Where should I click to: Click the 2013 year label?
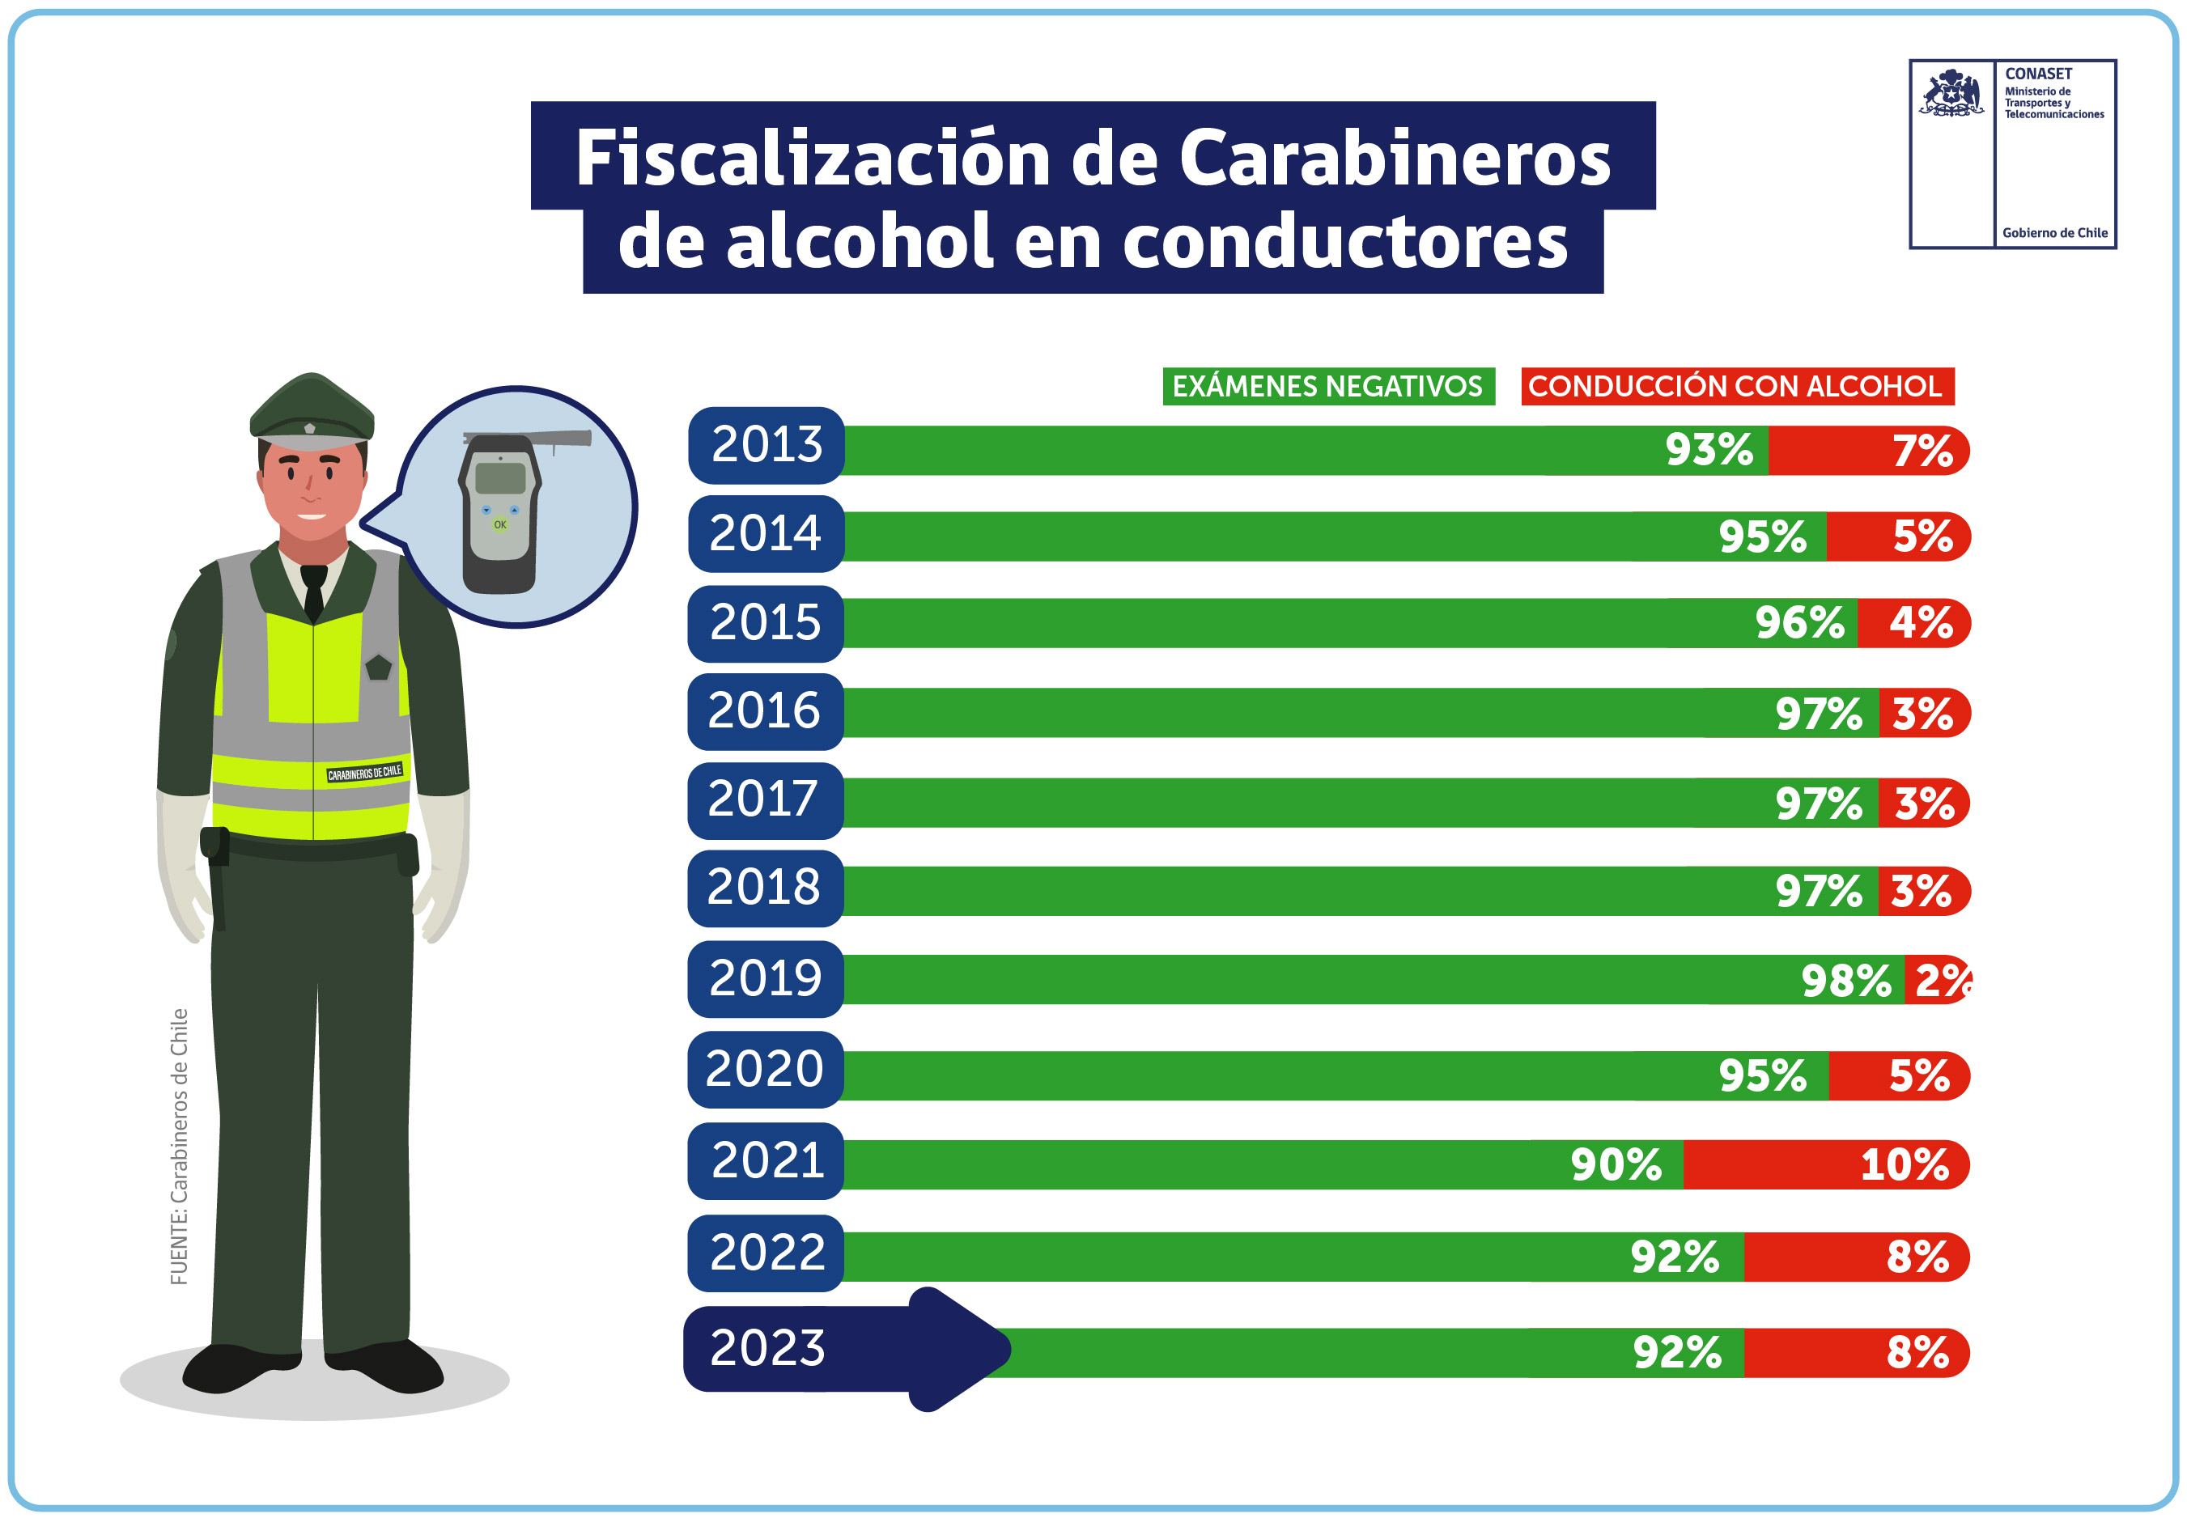(766, 444)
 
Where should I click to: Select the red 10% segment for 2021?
(1824, 1164)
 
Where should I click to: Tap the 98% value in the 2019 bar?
(1845, 980)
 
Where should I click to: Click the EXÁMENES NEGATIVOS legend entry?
(1327, 386)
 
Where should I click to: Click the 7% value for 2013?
(1922, 450)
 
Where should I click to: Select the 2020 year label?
(764, 1068)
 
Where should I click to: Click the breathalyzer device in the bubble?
(500, 514)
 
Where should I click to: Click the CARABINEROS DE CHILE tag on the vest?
(364, 772)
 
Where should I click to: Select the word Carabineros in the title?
(1394, 157)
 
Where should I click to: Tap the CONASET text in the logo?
(2037, 74)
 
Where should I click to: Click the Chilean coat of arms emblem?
(1951, 93)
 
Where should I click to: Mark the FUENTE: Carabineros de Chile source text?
(179, 1146)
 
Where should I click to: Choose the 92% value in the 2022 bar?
(1675, 1257)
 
